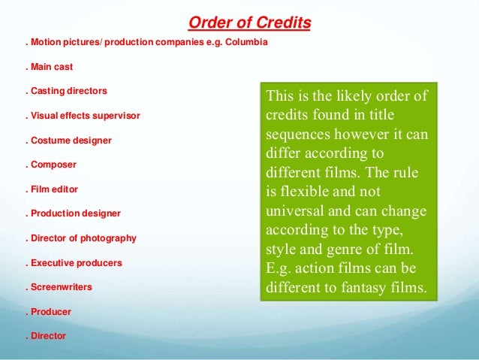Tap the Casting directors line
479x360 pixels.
point(67,92)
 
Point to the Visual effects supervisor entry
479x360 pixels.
point(83,116)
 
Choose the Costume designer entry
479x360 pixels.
point(68,141)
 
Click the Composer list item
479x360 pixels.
point(53,165)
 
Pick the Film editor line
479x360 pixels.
point(53,189)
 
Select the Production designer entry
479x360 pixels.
point(73,213)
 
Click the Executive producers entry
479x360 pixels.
point(74,264)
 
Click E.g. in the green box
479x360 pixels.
point(279,268)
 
